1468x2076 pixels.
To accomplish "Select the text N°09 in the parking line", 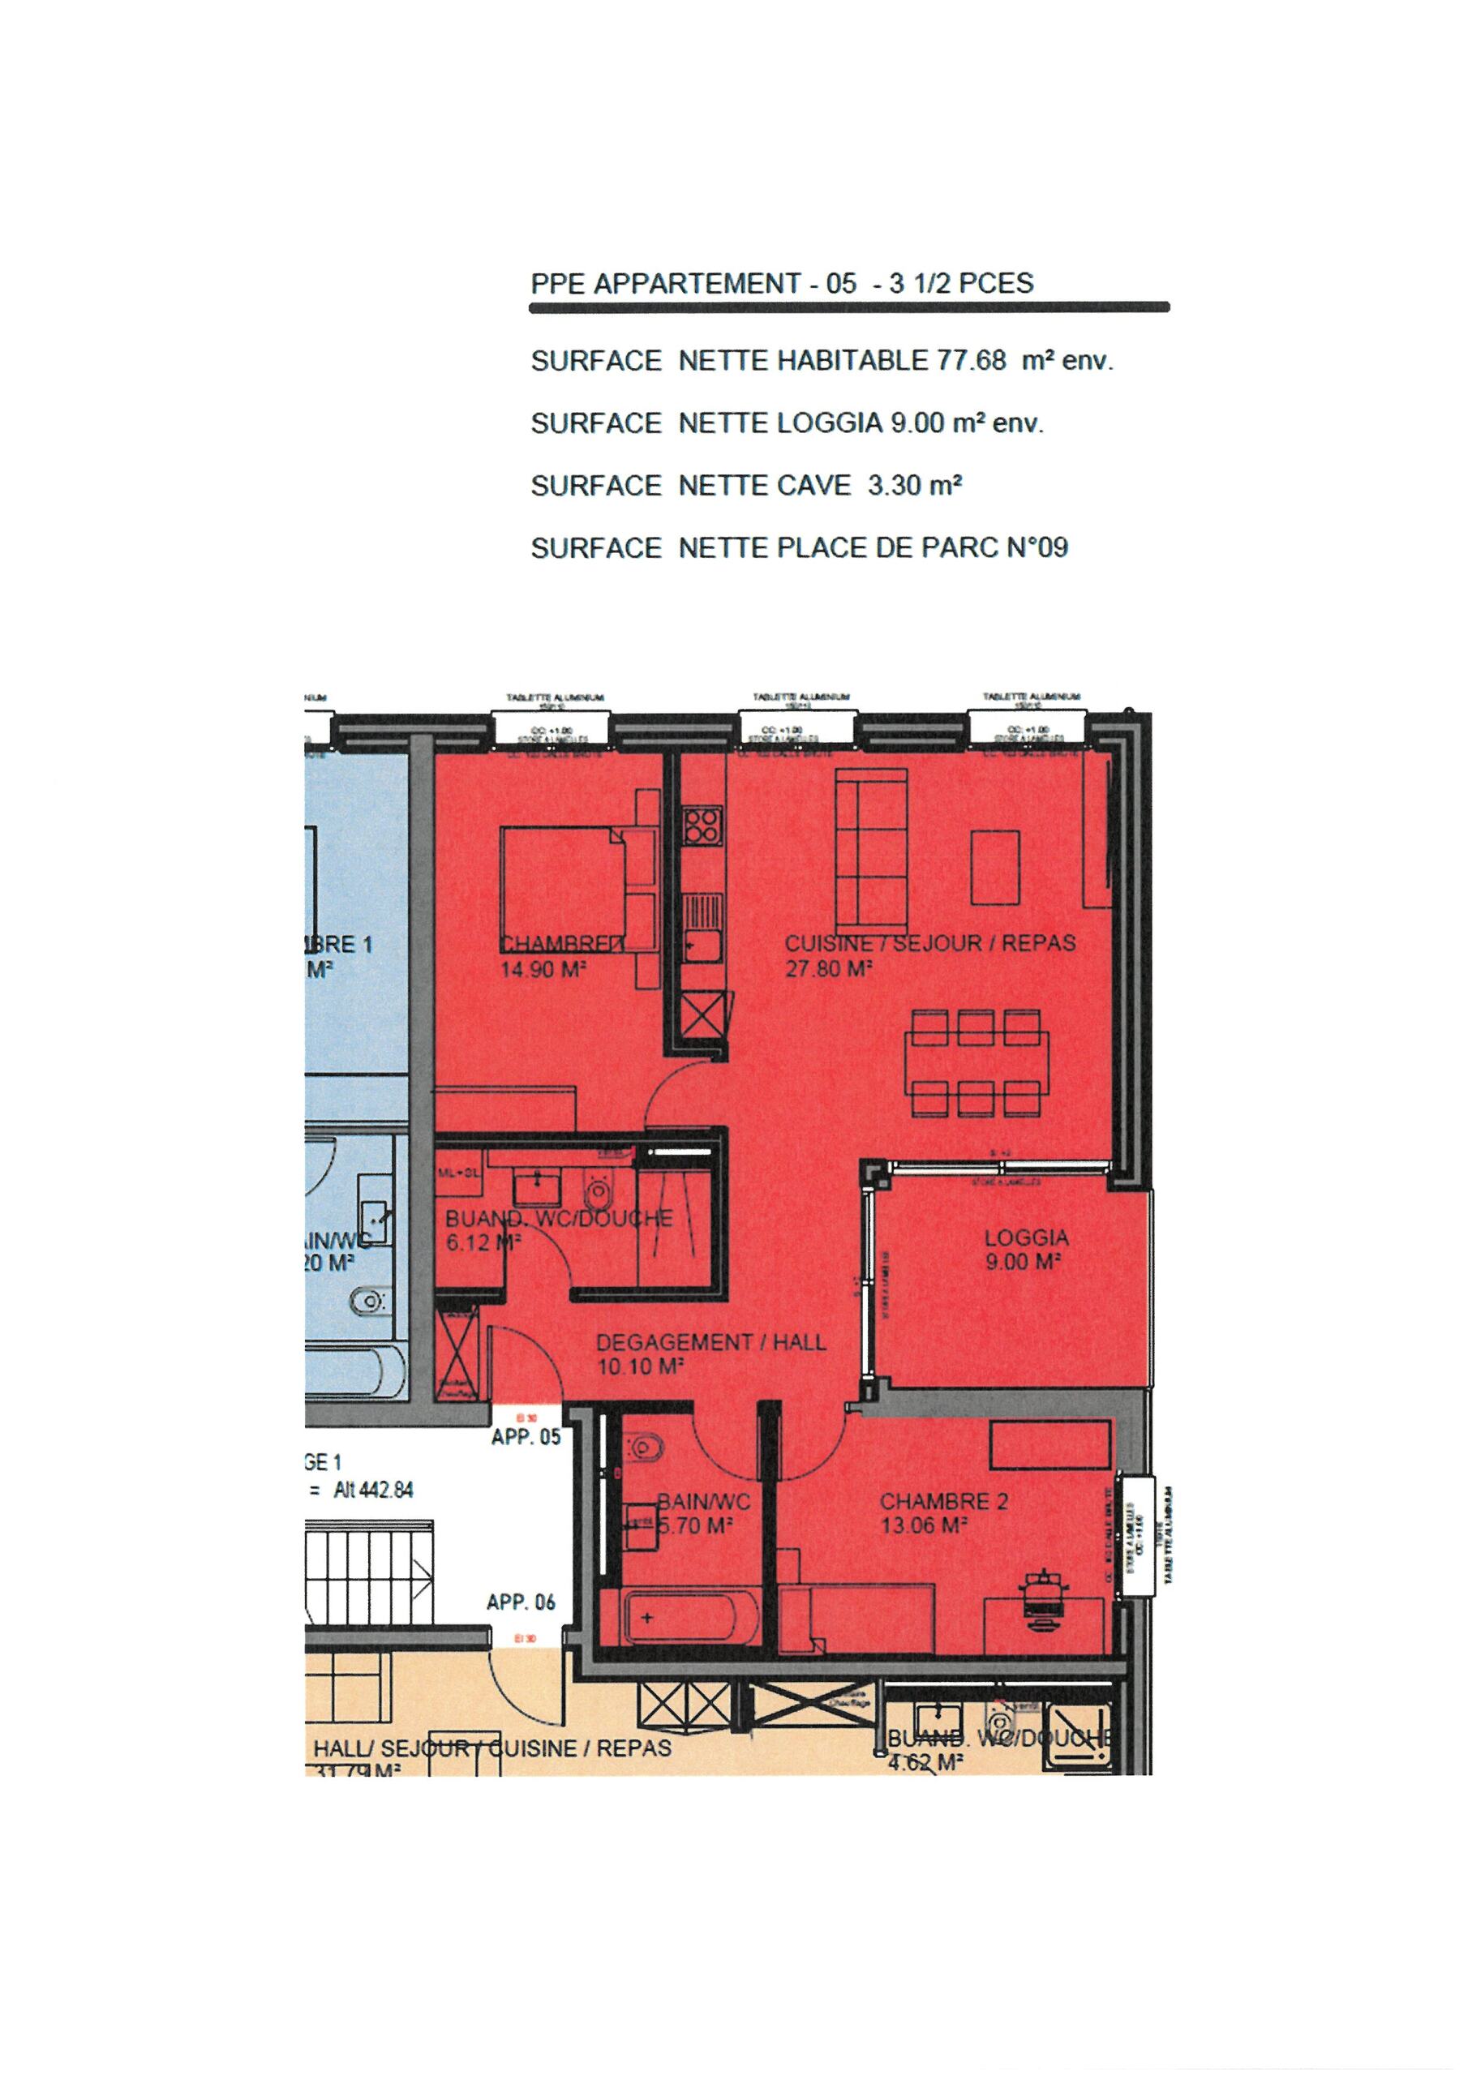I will coord(1037,548).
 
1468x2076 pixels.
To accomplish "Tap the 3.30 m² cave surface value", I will coord(913,486).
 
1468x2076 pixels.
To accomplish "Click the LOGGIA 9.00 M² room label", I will coord(1026,1249).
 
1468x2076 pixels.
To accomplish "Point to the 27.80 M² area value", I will coord(827,969).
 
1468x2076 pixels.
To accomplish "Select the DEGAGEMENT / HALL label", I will coord(711,1342).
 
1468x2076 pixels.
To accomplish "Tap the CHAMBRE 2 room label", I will coord(943,1502).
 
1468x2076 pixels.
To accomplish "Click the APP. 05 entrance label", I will coord(526,1437).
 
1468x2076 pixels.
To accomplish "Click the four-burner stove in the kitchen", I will coord(702,826).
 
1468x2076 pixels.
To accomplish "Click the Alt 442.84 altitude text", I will coord(372,1489).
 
